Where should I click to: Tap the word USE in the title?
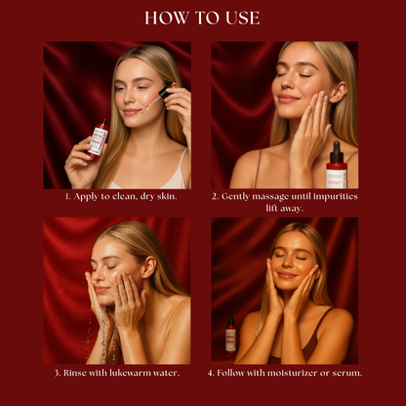click(x=243, y=18)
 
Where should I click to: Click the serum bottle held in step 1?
click(x=98, y=139)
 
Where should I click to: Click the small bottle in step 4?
click(x=230, y=337)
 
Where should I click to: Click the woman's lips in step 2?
click(x=288, y=99)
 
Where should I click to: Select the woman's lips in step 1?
click(x=133, y=112)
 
